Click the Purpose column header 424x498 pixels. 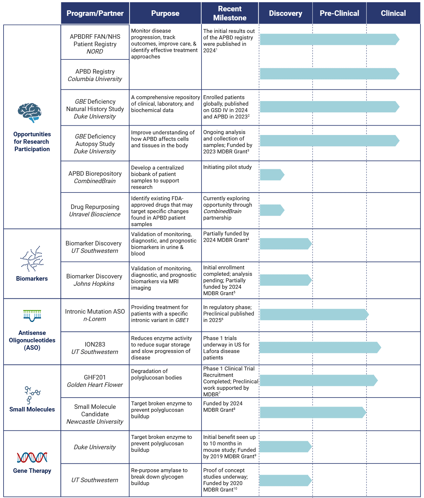[165, 13]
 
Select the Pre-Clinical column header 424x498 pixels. [339, 13]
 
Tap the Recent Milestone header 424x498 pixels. [230, 13]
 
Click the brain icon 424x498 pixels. [29, 112]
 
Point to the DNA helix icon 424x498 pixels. [32, 457]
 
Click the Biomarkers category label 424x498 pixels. [32, 278]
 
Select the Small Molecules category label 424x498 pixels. [32, 409]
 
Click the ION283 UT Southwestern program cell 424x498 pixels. [95, 348]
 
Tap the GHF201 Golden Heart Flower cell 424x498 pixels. [95, 381]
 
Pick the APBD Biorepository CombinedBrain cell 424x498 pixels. [95, 177]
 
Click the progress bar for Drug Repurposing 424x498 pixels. [272, 210]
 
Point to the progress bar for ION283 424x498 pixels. [320, 348]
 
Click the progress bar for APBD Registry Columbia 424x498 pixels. [329, 74]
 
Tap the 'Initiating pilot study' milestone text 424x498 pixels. [227, 167]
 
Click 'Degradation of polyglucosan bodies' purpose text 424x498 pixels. [156, 374]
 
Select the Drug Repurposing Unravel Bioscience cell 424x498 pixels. [95, 211]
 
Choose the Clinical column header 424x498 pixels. [393, 13]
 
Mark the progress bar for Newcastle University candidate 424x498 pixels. [313, 412]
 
